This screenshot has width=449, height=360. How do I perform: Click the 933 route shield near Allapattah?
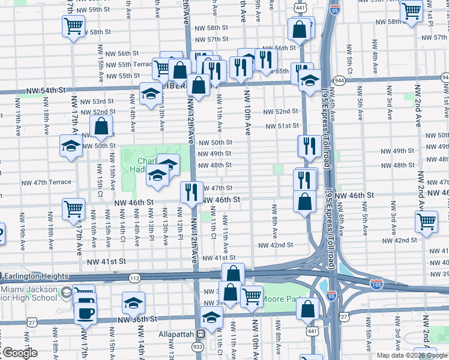197,347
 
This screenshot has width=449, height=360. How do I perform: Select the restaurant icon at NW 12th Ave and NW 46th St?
191,191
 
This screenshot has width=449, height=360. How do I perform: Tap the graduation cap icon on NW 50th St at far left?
71,146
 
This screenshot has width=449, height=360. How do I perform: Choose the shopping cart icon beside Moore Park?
252,296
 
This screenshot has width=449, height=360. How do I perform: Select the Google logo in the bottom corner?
20,353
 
